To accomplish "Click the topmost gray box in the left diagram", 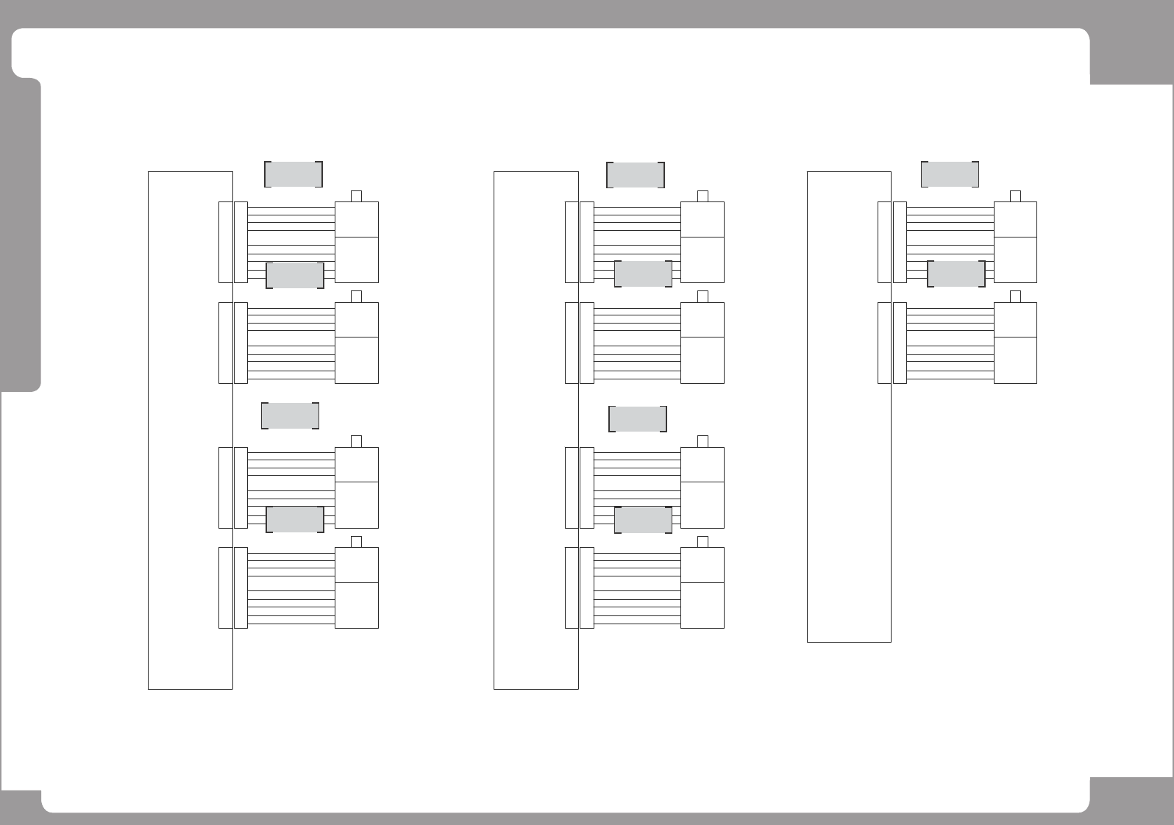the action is (x=293, y=174).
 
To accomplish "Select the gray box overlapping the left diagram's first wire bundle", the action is (x=294, y=275).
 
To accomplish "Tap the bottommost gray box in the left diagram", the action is (x=294, y=520).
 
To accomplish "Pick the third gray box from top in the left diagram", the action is (x=290, y=415).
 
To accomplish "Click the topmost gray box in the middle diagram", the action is (x=636, y=175).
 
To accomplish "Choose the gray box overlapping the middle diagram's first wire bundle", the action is (x=643, y=274).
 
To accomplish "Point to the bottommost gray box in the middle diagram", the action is (x=643, y=520).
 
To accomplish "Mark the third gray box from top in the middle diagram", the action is (x=638, y=419).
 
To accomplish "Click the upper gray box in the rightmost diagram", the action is (x=950, y=174).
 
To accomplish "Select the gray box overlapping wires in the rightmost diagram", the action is (x=956, y=274).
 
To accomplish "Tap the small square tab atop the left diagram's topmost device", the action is (x=357, y=196).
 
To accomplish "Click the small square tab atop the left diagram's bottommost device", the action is (x=357, y=542).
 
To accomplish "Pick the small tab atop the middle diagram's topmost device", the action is (x=702, y=196).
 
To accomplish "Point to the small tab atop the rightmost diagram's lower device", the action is (x=1015, y=296).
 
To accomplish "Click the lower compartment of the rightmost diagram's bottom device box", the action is (x=1015, y=360).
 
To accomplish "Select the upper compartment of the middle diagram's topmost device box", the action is (x=702, y=219).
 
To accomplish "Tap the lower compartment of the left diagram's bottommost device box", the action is (x=357, y=605).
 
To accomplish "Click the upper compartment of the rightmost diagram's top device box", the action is (x=1015, y=219).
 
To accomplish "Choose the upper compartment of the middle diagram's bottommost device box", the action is (x=702, y=565).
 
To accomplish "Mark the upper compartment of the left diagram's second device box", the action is (x=357, y=320).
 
